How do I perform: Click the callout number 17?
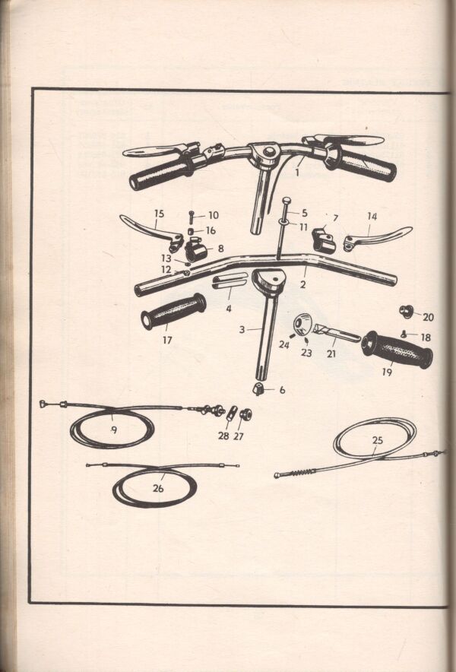167,340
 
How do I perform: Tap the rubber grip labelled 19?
397,349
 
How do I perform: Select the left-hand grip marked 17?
173,311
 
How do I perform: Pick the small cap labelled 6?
258,389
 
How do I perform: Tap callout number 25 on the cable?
377,440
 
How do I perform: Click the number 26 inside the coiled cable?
158,488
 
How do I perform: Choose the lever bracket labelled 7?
324,240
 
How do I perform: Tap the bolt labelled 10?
191,217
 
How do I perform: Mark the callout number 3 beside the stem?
242,330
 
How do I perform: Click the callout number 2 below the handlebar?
303,284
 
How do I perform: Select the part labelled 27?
245,414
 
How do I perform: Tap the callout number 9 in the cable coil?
114,430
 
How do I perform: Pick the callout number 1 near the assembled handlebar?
297,173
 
